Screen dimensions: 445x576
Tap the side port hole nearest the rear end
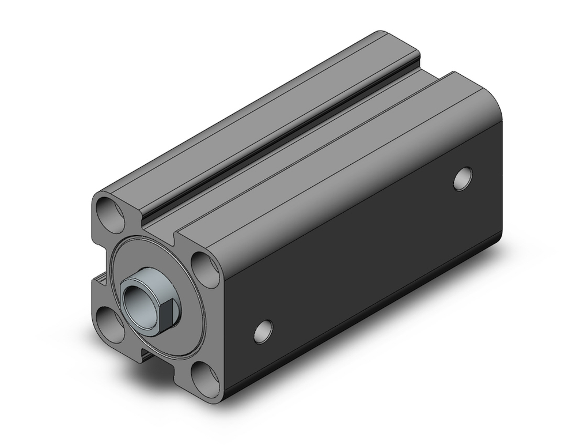463,178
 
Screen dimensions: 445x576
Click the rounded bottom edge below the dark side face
369,340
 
